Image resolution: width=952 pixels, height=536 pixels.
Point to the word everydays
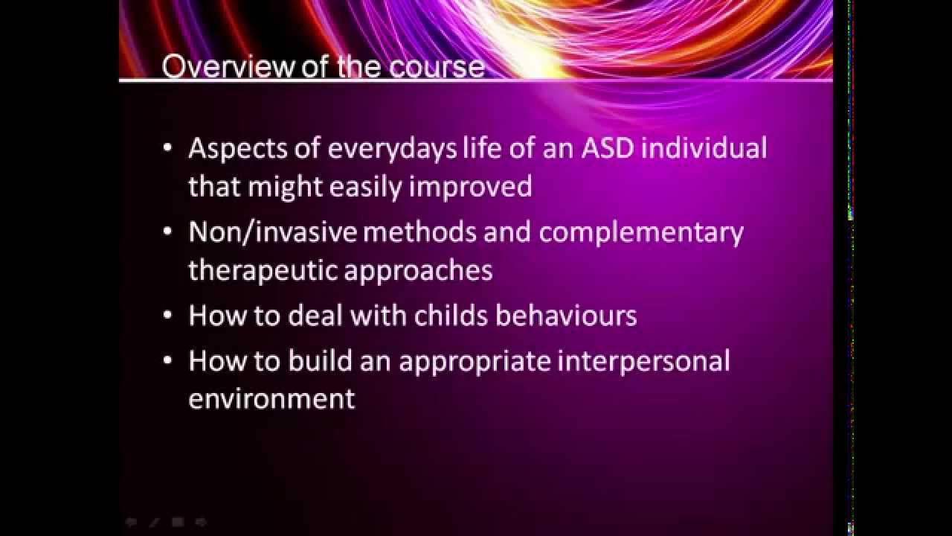392,148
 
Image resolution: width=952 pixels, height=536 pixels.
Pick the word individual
704,148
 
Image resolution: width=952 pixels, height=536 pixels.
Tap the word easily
365,186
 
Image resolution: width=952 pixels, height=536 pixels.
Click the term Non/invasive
273,232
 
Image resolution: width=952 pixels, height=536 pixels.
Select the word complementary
641,232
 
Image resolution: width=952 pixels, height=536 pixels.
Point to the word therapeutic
262,270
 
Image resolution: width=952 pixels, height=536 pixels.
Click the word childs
451,316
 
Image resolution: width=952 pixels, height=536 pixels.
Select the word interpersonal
644,361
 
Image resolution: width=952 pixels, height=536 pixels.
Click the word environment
271,398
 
